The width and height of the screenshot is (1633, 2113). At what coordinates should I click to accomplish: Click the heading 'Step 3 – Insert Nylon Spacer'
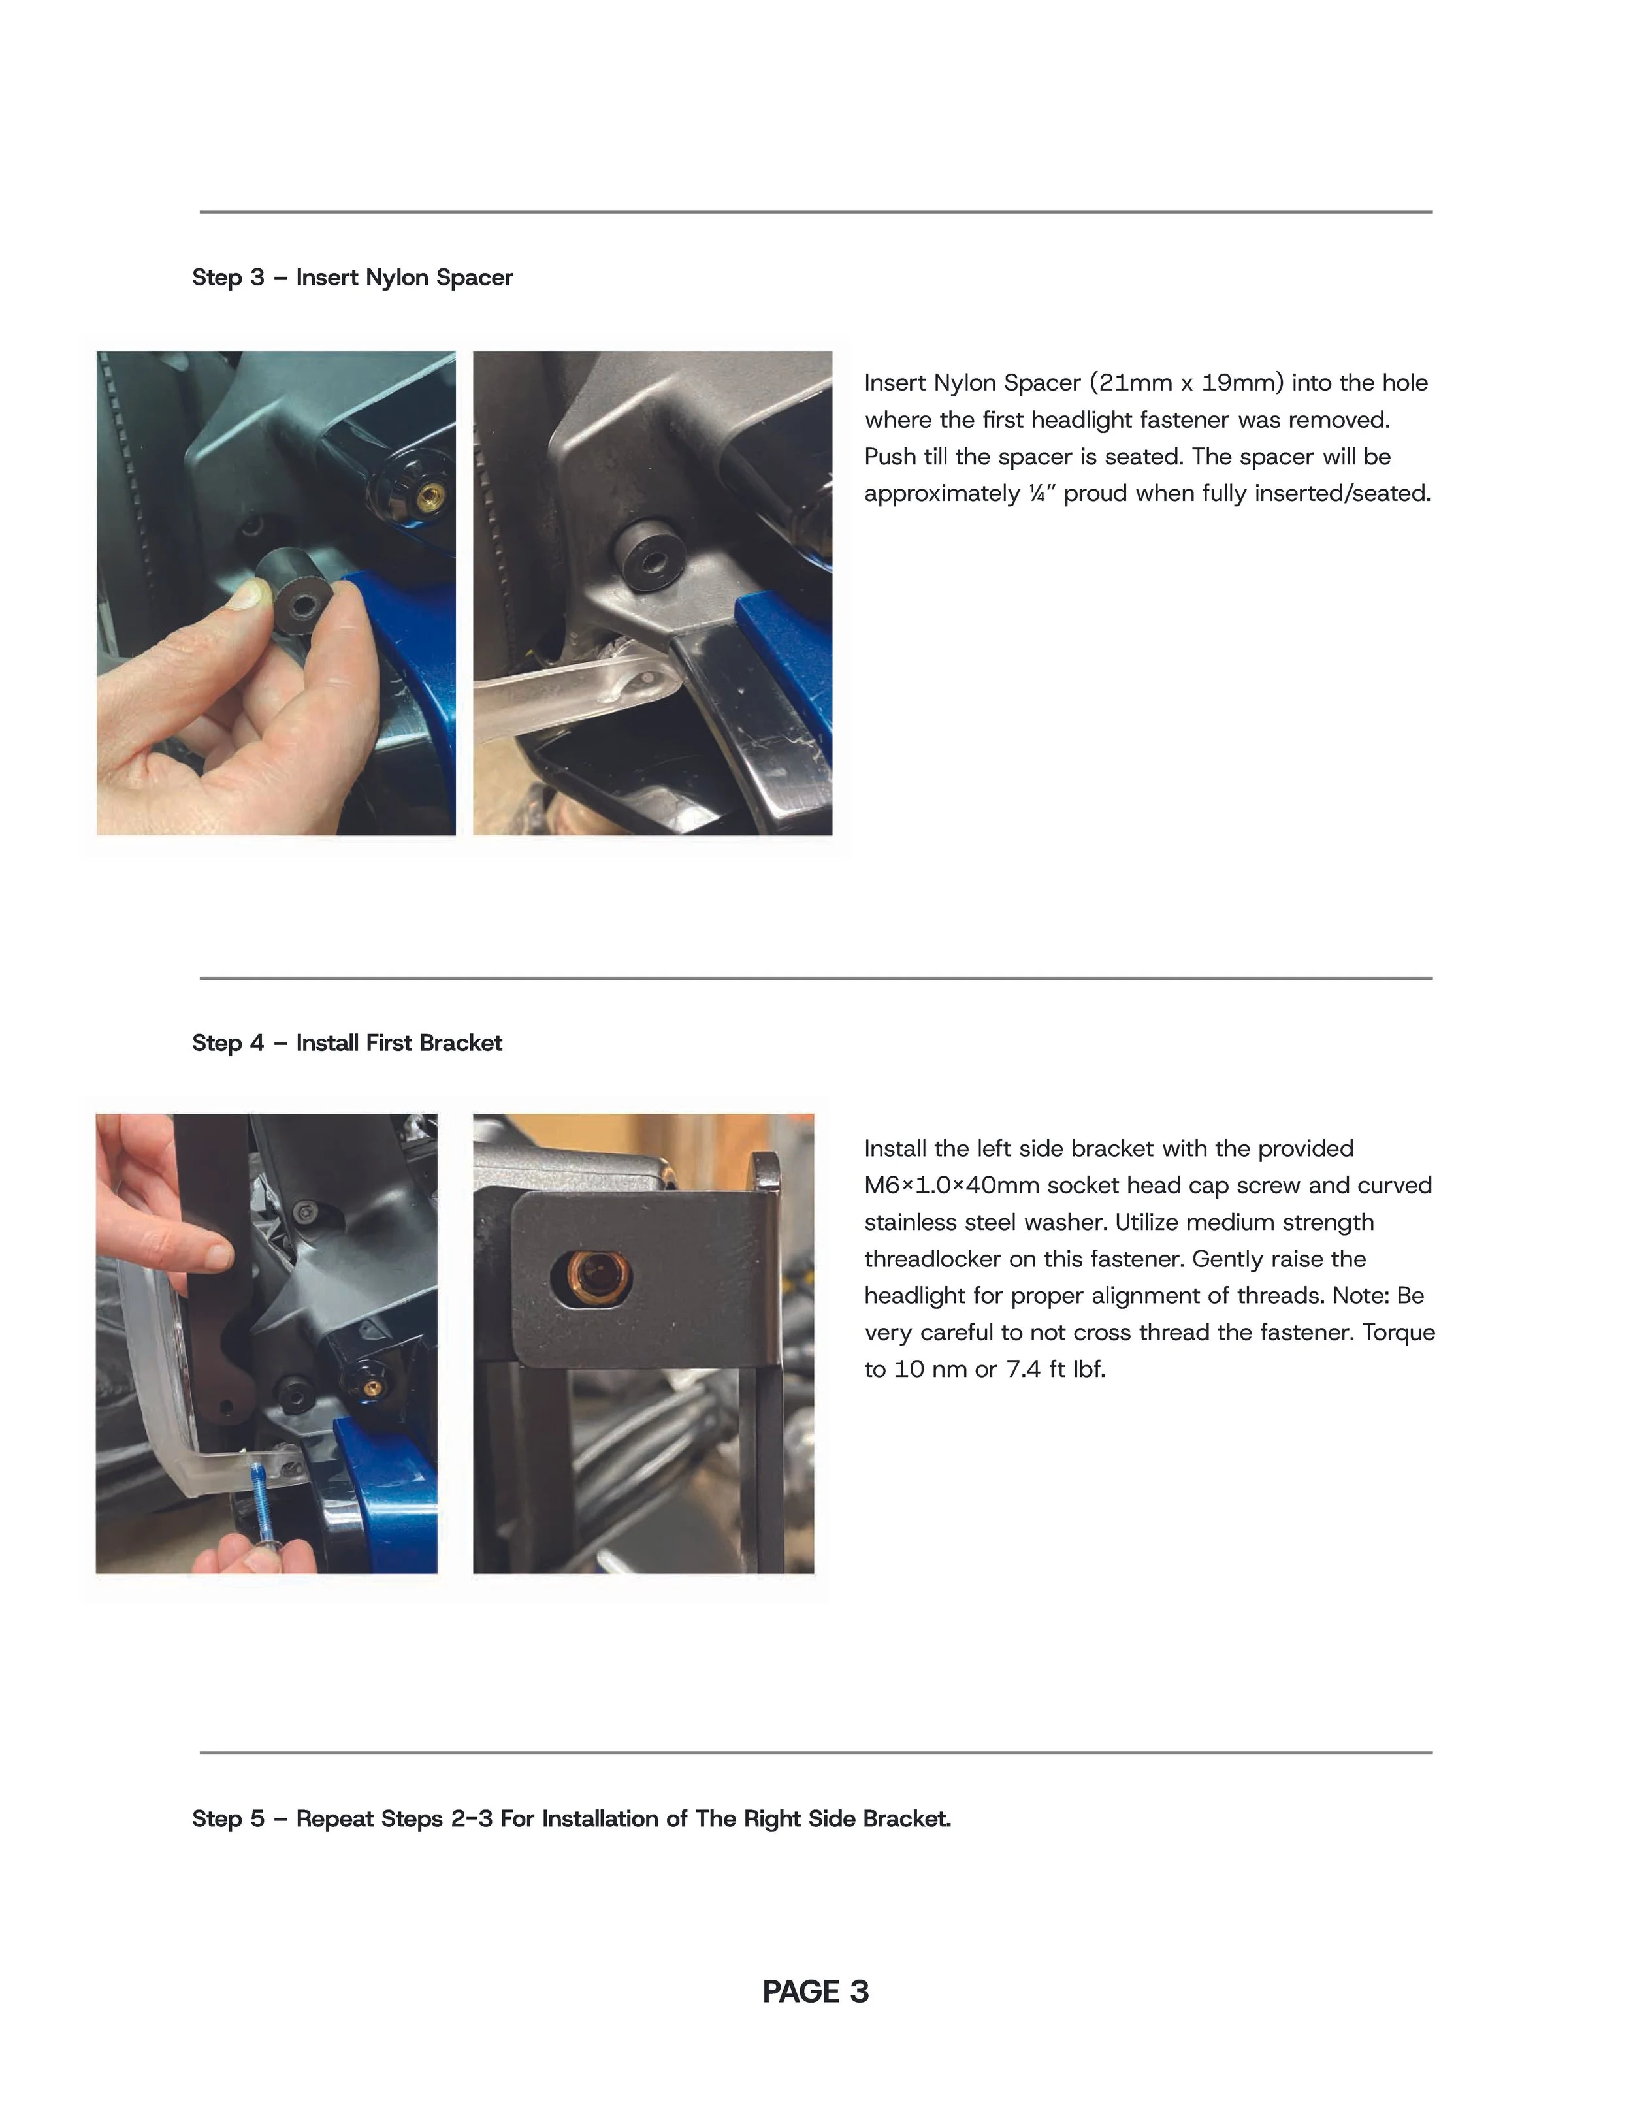tap(352, 278)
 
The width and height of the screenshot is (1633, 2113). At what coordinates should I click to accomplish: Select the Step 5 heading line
tap(572, 1819)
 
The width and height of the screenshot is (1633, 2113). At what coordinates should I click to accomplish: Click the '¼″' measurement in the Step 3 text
tap(1042, 493)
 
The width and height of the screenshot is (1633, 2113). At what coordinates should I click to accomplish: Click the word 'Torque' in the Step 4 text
tap(1399, 1332)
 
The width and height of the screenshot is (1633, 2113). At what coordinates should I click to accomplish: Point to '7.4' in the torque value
tap(1024, 1369)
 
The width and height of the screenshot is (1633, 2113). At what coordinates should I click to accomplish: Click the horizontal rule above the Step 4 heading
tap(816, 978)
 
